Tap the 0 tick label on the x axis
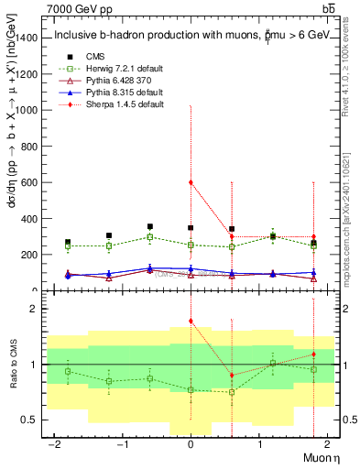pyautogui.click(x=190, y=443)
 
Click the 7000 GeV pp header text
pyautogui.click(x=78, y=8)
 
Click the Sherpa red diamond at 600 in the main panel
pyautogui.click(x=191, y=182)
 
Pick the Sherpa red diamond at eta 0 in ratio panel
pyautogui.click(x=191, y=321)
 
